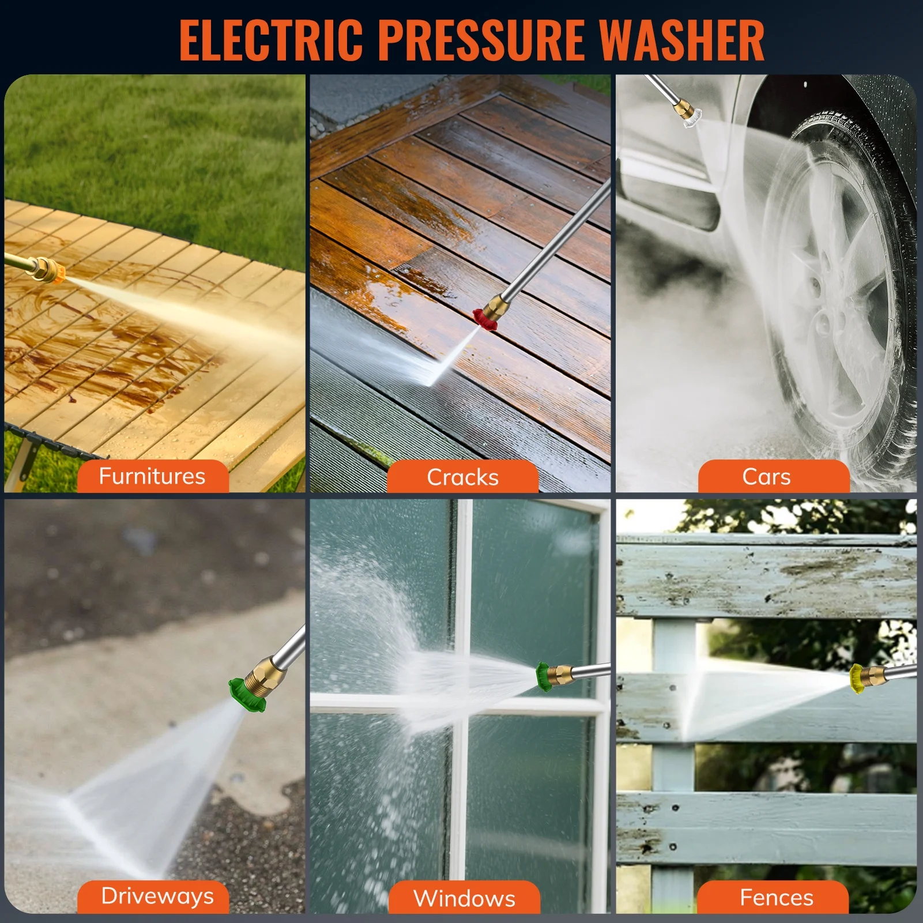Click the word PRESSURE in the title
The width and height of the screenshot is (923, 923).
[x=481, y=40]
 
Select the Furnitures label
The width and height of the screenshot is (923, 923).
[x=152, y=476]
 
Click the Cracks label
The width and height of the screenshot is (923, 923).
[x=462, y=477]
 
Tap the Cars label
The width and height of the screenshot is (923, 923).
[x=766, y=477]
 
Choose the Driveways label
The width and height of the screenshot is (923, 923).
[x=157, y=896]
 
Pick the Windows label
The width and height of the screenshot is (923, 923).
[x=464, y=898]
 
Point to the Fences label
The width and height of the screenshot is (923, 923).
[x=777, y=898]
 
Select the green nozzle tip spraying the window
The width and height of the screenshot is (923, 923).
[x=543, y=676]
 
